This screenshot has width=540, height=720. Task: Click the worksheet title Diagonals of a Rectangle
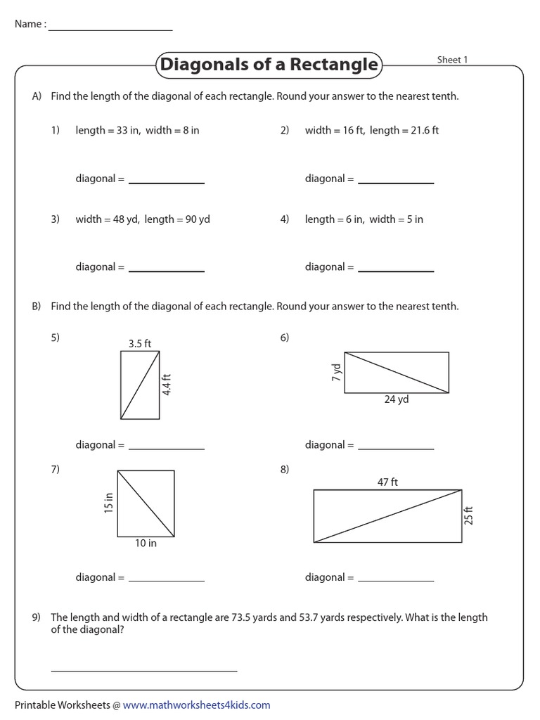pyautogui.click(x=269, y=65)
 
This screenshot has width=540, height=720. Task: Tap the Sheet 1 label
pyautogui.click(x=452, y=60)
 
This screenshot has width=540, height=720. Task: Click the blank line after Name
pyautogui.click(x=110, y=30)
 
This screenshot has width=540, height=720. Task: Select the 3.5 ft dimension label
pyautogui.click(x=140, y=343)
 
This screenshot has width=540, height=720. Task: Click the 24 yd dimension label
pyautogui.click(x=396, y=399)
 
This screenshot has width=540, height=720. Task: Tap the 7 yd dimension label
pyautogui.click(x=336, y=372)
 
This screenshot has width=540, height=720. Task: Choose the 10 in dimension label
pyautogui.click(x=146, y=543)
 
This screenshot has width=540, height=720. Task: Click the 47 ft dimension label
pyautogui.click(x=387, y=482)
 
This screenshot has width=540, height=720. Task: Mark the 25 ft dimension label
pyautogui.click(x=469, y=515)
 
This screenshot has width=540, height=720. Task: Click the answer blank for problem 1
pyautogui.click(x=167, y=182)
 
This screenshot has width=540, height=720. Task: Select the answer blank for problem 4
pyautogui.click(x=396, y=271)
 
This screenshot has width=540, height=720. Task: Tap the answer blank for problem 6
pyautogui.click(x=396, y=449)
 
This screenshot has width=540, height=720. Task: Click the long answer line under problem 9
pyautogui.click(x=144, y=670)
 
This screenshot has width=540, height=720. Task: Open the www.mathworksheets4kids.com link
pyautogui.click(x=196, y=705)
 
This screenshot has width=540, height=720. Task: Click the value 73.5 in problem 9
pyautogui.click(x=243, y=617)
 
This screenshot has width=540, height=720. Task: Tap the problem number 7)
pyautogui.click(x=56, y=469)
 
